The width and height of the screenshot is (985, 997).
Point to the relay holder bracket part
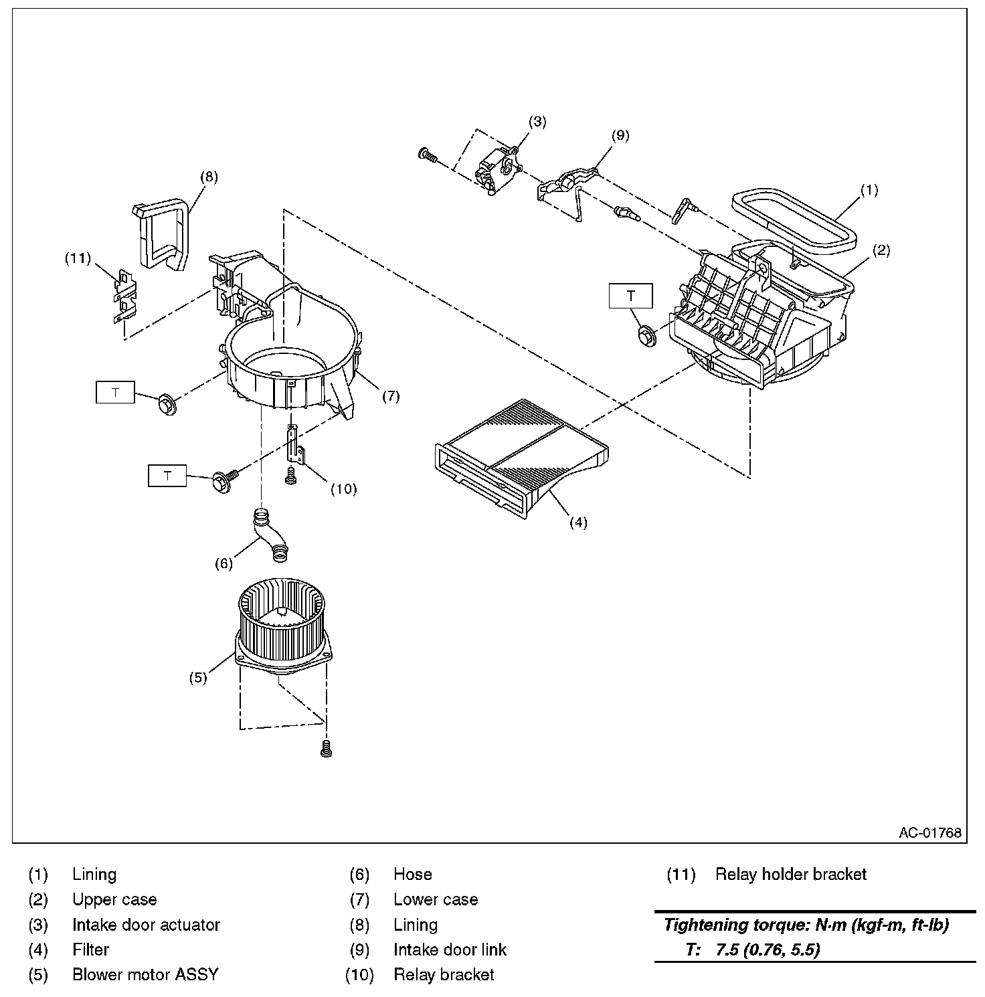point(124,295)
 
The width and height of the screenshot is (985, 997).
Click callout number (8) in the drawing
point(209,177)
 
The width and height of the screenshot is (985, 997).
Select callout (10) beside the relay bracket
point(343,489)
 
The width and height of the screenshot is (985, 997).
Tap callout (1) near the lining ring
point(869,190)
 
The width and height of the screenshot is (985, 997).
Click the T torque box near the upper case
point(630,296)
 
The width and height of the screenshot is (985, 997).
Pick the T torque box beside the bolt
point(167,475)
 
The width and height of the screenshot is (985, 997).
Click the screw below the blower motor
point(327,749)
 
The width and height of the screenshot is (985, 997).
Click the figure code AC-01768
point(929,832)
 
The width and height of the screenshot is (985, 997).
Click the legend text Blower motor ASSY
point(145,974)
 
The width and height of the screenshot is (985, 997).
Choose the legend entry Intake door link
point(450,949)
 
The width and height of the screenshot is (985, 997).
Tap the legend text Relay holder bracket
point(790,874)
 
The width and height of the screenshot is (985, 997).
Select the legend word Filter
point(91,949)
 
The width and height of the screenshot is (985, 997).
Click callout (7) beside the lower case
point(391,396)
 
